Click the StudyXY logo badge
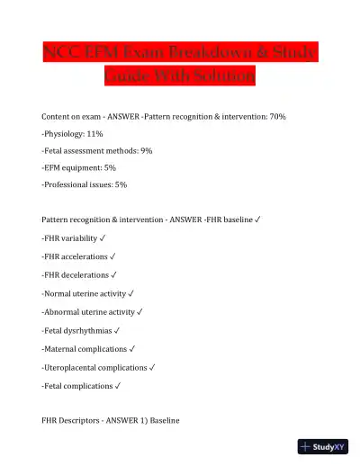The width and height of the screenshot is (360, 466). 323,446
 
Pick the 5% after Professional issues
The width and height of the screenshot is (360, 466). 120,184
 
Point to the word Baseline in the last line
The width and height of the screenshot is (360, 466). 165,419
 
